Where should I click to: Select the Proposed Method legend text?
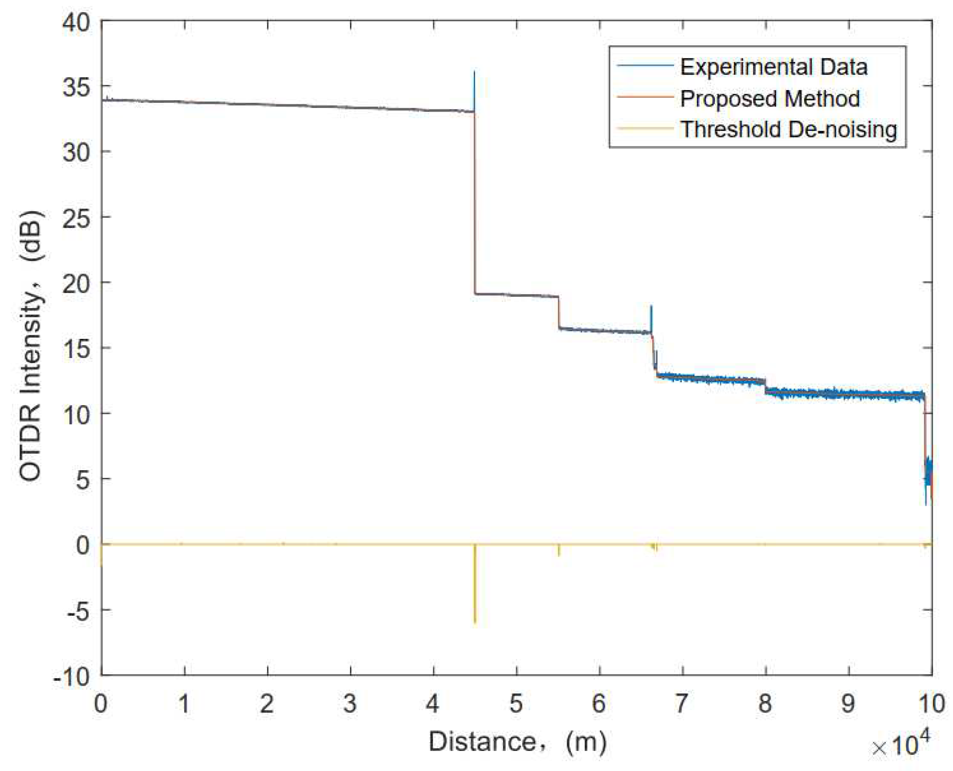point(770,98)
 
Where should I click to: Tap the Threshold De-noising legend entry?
point(788,129)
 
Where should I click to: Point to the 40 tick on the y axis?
point(76,22)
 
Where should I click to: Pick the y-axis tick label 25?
point(76,217)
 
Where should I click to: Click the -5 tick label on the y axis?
point(76,610)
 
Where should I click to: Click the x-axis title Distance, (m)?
point(517,741)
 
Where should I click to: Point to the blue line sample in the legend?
point(645,66)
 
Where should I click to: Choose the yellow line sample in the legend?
point(645,129)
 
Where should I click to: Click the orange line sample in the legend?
point(645,97)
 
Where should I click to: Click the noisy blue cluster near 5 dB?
point(928,473)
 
